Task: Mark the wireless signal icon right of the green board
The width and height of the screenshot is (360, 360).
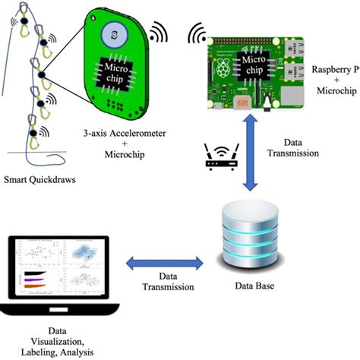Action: coord(157,33)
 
